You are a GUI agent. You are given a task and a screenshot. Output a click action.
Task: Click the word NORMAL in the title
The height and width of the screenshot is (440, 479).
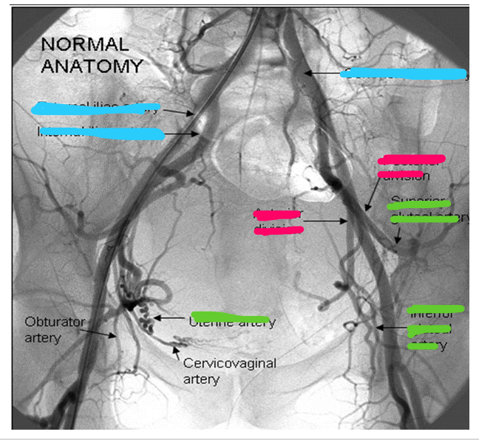84,44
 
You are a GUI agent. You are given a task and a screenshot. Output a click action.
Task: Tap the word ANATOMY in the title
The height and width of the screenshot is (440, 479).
92,65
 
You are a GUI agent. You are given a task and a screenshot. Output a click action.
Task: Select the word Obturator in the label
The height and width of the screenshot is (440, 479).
55,322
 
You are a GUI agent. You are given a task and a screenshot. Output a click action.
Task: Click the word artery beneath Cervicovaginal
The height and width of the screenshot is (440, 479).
200,379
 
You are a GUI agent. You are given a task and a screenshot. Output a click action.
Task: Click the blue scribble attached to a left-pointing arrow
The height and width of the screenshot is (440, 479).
403,73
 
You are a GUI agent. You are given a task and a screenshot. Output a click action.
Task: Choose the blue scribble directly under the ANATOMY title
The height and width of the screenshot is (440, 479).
96,109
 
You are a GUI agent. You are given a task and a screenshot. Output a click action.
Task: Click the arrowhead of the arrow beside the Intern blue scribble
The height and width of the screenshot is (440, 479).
198,134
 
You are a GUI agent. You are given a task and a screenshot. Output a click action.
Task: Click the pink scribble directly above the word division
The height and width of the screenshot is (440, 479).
411,159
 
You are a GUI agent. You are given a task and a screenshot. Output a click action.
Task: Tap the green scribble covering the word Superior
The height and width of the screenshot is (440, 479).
418,204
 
